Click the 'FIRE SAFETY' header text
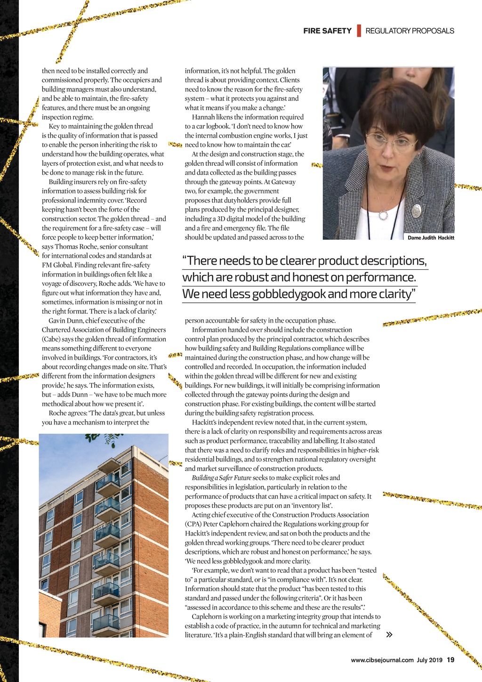tap(327, 31)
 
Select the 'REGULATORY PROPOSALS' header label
tap(410, 31)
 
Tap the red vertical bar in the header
tap(359, 31)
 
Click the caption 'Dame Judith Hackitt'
tap(431, 238)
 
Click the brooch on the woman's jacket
tap(416, 210)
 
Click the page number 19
tap(450, 660)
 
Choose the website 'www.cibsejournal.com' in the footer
tap(382, 660)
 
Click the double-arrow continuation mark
tap(389, 635)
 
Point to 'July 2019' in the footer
tap(429, 660)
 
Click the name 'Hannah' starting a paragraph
tap(202, 117)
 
